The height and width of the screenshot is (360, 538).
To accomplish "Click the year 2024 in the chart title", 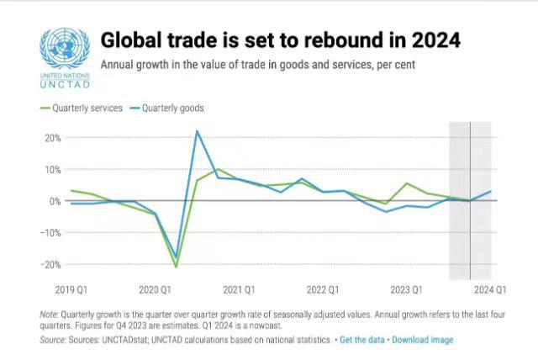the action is click(435, 40).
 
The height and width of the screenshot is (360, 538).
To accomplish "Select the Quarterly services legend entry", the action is click(82, 109).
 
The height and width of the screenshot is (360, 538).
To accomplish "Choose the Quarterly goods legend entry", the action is click(167, 109).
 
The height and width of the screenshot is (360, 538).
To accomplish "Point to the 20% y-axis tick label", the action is click(53, 138).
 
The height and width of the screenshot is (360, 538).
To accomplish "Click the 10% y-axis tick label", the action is click(53, 170).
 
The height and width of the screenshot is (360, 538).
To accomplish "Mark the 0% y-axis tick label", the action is click(55, 201).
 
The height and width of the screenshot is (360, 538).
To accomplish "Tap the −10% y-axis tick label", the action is click(50, 233).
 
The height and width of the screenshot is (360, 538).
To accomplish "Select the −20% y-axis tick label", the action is click(50, 265).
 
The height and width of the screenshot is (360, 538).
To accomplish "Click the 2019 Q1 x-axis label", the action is click(71, 290).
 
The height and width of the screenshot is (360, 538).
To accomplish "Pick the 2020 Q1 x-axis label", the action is click(155, 290).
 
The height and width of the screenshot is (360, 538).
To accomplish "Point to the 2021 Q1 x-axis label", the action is click(239, 290).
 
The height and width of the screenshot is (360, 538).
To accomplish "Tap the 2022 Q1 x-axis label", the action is click(323, 290).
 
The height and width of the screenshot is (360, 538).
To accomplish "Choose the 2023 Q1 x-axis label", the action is click(407, 290).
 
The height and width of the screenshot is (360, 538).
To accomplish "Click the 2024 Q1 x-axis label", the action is click(490, 290).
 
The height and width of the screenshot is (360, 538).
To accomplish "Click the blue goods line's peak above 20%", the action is click(197, 130).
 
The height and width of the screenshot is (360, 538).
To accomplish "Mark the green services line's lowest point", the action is click(176, 267).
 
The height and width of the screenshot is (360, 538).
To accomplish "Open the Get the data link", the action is click(362, 340).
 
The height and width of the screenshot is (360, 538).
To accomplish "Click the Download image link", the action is click(422, 340).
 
